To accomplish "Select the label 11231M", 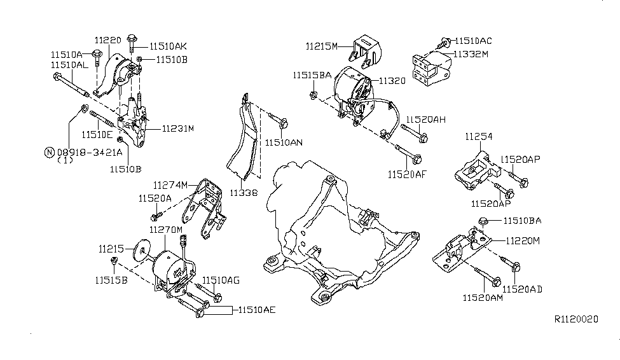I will click(x=177, y=128).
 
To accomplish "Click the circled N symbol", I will click(x=49, y=152).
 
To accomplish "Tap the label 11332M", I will click(x=470, y=55).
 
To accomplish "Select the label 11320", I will click(x=392, y=81).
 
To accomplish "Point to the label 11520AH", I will click(x=426, y=119).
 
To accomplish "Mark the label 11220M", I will click(x=523, y=241).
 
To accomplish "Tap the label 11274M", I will click(x=170, y=185).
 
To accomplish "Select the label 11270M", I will click(x=166, y=229).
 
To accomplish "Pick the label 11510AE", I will click(x=256, y=310).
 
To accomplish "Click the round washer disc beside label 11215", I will click(x=138, y=249).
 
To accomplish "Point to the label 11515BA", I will click(x=312, y=75).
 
